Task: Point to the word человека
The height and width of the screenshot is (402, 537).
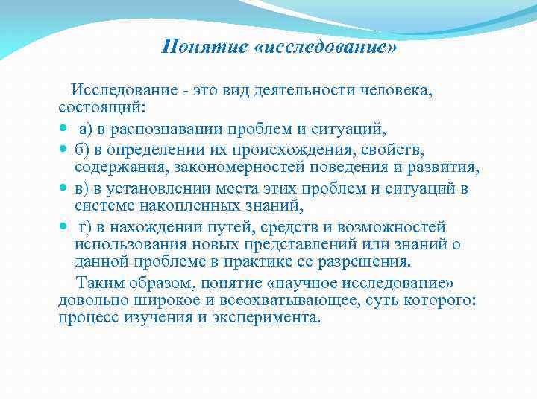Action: (x=396, y=91)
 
